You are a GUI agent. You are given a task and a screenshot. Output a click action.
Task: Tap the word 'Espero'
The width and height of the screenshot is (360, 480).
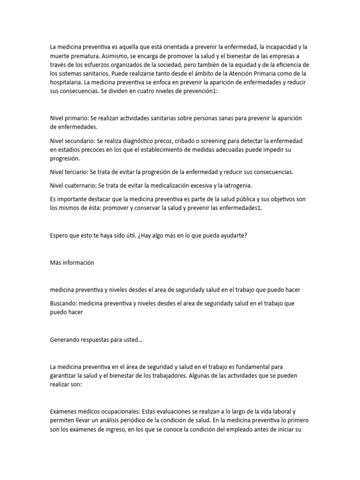tap(59, 235)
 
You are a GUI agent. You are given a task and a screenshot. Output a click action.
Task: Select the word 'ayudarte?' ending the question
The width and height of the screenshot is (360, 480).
tap(233, 235)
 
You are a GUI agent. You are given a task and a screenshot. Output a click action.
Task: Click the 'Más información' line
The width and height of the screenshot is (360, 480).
tap(72, 262)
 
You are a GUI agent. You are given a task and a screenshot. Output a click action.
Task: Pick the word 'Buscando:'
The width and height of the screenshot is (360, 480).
tap(63, 303)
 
